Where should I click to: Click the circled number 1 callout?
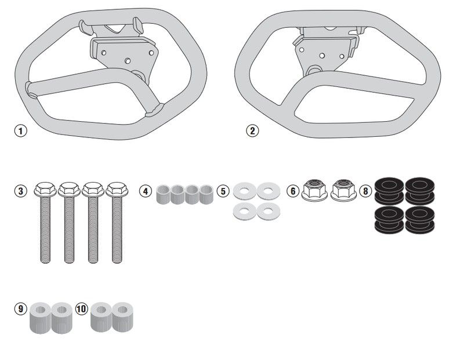click(21, 130)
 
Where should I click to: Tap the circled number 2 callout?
click(252, 130)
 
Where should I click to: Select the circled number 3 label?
click(21, 191)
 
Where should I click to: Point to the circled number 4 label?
click(146, 191)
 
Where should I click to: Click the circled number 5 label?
click(223, 191)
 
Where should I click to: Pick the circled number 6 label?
click(293, 191)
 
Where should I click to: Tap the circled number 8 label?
click(365, 191)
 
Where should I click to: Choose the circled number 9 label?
click(21, 309)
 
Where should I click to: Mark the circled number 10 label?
click(82, 309)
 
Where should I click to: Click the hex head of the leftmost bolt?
click(45, 190)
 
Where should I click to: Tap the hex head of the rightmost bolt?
click(117, 190)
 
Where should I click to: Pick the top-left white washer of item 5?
click(244, 191)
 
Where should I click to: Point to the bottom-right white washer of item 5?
click(269, 212)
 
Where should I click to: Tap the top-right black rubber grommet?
click(420, 191)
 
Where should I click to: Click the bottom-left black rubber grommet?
click(389, 219)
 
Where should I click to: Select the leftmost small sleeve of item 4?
click(163, 194)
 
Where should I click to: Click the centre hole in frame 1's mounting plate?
click(128, 61)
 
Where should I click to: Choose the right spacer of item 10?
click(122, 317)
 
